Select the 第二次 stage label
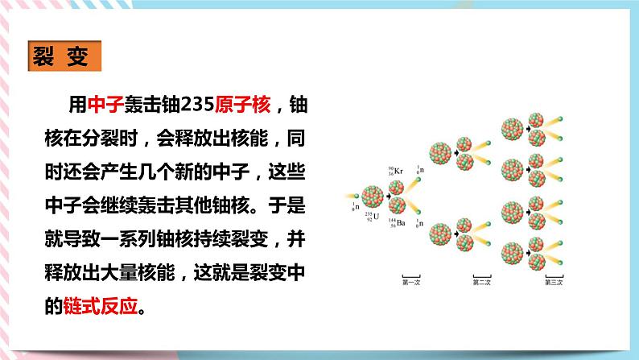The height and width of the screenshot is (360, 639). [x=481, y=281]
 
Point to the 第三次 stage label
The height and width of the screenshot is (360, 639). [x=553, y=281]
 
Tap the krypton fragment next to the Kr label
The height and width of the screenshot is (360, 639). [x=397, y=188]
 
